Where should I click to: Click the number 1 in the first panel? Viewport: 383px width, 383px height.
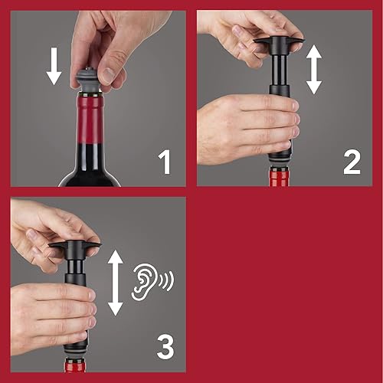tap(165, 163)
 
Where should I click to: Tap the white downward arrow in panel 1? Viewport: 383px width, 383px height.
tap(53, 67)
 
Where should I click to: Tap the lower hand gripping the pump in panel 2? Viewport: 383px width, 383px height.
tap(245, 126)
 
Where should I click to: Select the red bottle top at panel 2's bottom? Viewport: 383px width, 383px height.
tap(280, 176)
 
